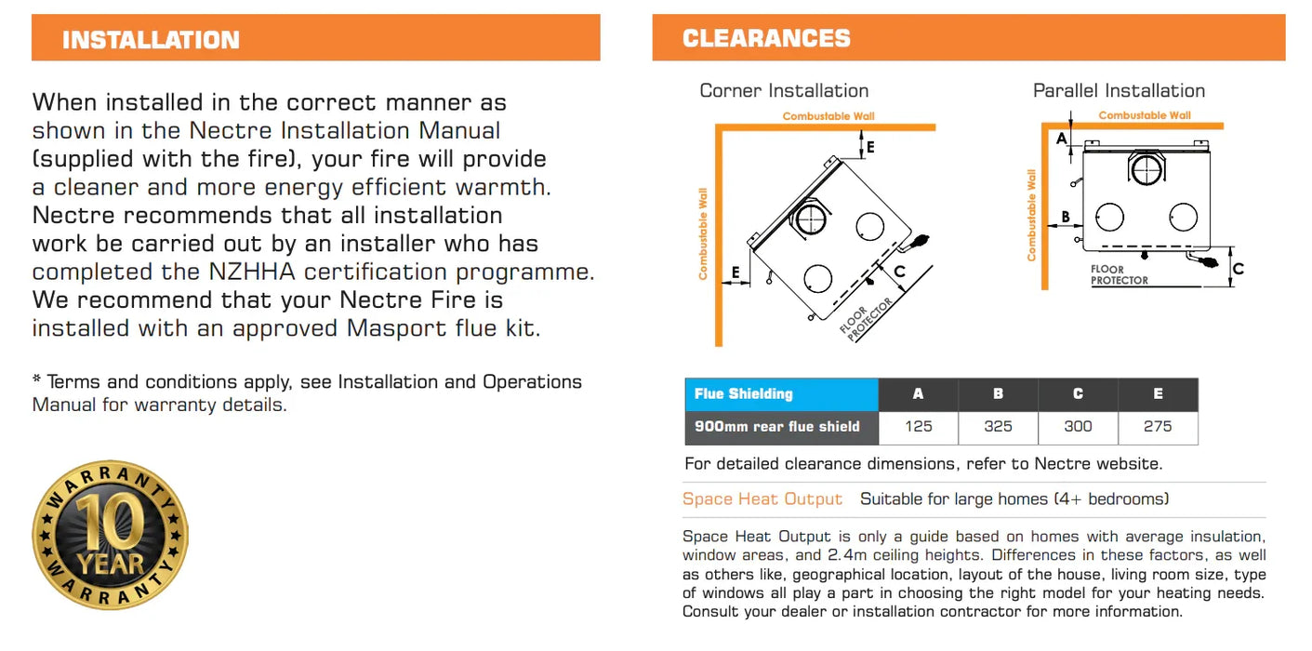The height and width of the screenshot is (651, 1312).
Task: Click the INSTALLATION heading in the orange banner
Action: pyautogui.click(x=151, y=40)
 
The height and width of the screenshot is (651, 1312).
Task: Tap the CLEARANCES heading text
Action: pyautogui.click(x=766, y=38)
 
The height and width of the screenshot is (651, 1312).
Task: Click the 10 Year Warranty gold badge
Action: pyautogui.click(x=110, y=535)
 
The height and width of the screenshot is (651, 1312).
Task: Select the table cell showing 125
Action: pyautogui.click(x=918, y=427)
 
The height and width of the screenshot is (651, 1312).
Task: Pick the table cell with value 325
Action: pyautogui.click(x=998, y=427)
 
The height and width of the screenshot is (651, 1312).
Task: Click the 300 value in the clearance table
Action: pyautogui.click(x=1078, y=427)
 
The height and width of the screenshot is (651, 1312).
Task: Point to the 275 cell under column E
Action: pyautogui.click(x=1158, y=427)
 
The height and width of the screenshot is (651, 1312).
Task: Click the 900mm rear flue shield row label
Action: pyautogui.click(x=777, y=427)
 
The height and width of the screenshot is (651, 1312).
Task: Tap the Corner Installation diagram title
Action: pyautogui.click(x=784, y=90)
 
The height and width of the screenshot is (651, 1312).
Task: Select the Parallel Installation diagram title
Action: pyautogui.click(x=1119, y=90)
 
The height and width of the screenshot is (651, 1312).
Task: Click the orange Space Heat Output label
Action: pyautogui.click(x=762, y=499)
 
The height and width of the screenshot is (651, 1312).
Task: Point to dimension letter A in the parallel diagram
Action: pyautogui.click(x=1062, y=139)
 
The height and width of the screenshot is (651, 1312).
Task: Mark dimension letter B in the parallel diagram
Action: pyautogui.click(x=1066, y=218)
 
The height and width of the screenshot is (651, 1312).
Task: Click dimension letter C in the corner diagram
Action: pyautogui.click(x=899, y=272)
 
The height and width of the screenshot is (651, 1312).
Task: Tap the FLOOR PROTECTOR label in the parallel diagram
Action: pyautogui.click(x=1119, y=274)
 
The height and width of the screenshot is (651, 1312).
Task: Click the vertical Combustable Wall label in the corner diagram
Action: pyautogui.click(x=703, y=233)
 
